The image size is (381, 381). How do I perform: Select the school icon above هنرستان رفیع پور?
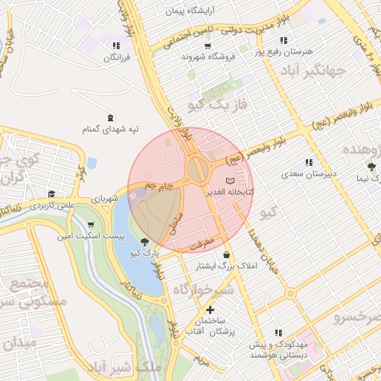[x=283, y=40]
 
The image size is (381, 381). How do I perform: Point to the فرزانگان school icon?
[x=115, y=45]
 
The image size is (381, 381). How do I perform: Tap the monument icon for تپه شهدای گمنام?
[x=111, y=118]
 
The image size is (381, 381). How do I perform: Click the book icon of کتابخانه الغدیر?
[x=230, y=181]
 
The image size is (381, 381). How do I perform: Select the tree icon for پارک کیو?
[x=145, y=241]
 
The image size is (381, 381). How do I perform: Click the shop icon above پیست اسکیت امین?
[x=91, y=224]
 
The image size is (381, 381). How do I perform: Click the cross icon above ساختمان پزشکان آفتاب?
[x=211, y=309]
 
